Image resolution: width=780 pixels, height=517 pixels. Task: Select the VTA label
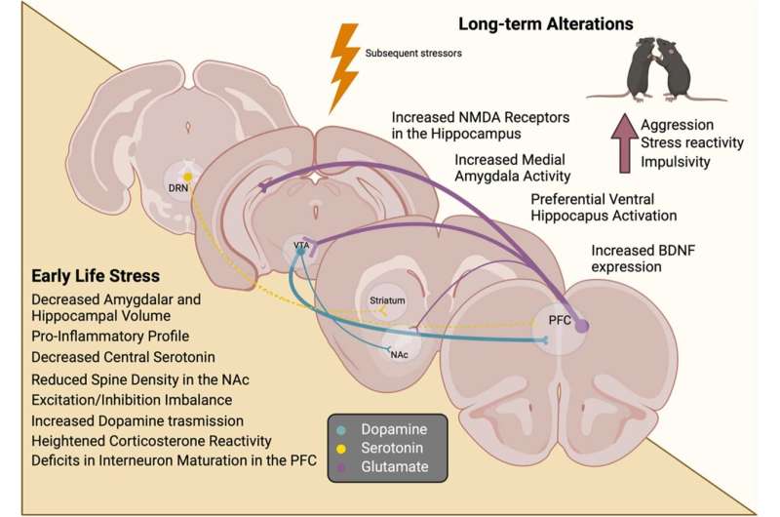(301, 246)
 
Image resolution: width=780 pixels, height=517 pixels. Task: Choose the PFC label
(556, 317)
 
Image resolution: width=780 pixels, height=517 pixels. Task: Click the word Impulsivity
(676, 162)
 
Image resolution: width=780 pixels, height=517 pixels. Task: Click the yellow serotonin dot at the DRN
(186, 176)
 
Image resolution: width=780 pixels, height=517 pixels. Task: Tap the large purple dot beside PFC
(583, 327)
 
